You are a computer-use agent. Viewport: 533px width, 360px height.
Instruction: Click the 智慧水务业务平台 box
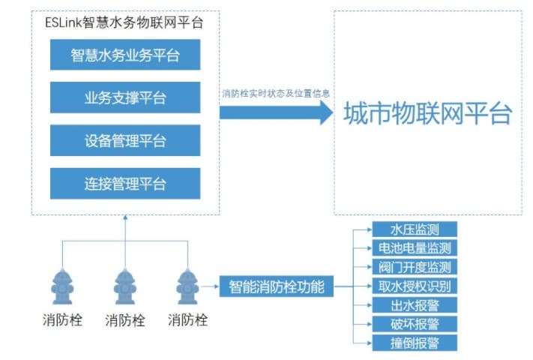pos(125,55)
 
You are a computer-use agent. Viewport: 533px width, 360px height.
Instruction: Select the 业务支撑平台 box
pos(125,97)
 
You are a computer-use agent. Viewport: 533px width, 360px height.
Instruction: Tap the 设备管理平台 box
pos(125,140)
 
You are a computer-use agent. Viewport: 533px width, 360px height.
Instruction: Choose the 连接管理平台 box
pos(125,183)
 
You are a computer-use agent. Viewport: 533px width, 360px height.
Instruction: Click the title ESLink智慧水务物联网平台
pos(124,22)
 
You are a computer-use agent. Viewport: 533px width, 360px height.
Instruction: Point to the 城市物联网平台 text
pos(428,114)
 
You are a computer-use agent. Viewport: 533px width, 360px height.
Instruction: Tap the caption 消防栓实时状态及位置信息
pos(275,94)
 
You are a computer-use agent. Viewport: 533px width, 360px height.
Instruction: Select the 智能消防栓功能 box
pos(276,286)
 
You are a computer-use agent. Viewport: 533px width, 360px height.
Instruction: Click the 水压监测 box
pos(414,229)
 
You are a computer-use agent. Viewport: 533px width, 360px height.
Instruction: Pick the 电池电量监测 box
pos(414,247)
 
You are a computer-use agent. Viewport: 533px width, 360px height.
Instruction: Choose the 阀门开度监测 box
pos(414,266)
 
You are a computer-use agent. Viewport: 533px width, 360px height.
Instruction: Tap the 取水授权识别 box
pos(414,286)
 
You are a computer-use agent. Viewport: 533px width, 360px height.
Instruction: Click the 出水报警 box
pos(414,304)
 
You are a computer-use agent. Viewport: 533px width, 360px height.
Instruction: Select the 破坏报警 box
pos(414,323)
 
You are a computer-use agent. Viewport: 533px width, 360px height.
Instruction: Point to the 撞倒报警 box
pos(414,342)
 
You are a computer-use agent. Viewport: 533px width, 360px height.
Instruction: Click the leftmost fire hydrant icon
pos(63,286)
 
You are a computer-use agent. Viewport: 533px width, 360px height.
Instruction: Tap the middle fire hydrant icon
pos(125,286)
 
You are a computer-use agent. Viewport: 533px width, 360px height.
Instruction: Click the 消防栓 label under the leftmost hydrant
pos(63,321)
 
